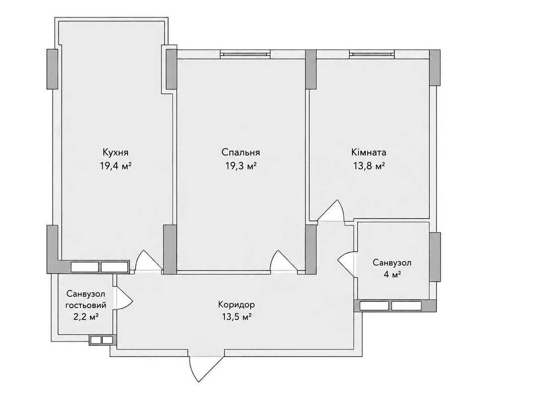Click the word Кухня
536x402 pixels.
click(x=116, y=152)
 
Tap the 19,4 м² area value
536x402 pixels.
click(x=116, y=167)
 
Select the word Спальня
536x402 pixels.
click(x=241, y=152)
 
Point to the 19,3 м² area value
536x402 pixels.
click(x=241, y=167)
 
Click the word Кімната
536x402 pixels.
click(x=369, y=152)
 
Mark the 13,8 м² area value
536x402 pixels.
click(x=369, y=167)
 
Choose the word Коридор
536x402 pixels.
click(x=237, y=304)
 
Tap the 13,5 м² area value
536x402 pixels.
click(x=237, y=317)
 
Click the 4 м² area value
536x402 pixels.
click(x=392, y=274)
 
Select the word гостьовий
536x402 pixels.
click(x=86, y=305)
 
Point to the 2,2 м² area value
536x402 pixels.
click(x=86, y=317)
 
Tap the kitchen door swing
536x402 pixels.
click(x=149, y=261)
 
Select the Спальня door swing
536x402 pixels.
click(x=284, y=261)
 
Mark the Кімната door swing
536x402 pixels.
click(x=330, y=210)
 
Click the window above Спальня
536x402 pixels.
click(x=245, y=54)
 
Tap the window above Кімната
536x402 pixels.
click(x=372, y=54)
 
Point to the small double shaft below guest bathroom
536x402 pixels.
click(x=102, y=340)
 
